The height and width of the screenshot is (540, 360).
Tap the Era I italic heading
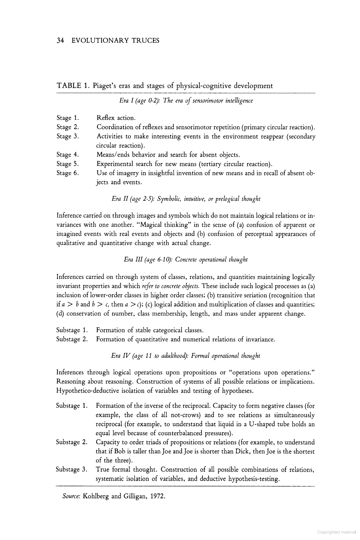pyautogui.click(x=186, y=101)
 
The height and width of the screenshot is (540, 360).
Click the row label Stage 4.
pyautogui.click(x=67, y=155)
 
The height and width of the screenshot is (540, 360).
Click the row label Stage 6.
pyautogui.click(x=67, y=173)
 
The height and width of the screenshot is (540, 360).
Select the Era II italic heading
pyautogui.click(x=186, y=199)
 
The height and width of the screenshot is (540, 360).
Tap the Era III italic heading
pyautogui.click(x=186, y=260)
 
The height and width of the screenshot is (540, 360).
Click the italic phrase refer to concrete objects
pyautogui.click(x=171, y=286)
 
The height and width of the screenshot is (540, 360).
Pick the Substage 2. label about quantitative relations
pyautogui.click(x=72, y=339)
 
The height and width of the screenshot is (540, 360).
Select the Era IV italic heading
pyautogui.click(x=186, y=356)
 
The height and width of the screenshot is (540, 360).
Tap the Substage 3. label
pyautogui.click(x=72, y=469)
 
